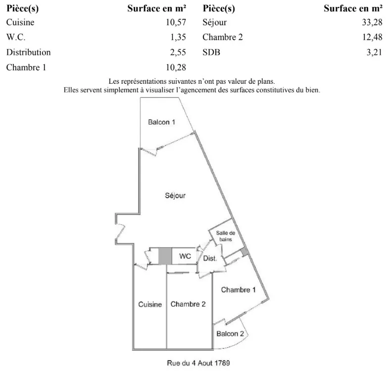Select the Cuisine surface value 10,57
click(176, 22)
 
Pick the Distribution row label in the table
click(28, 52)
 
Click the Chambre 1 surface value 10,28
click(176, 67)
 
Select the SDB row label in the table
click(211, 52)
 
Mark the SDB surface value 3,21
click(373, 52)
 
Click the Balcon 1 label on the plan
click(161, 122)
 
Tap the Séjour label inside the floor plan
click(175, 196)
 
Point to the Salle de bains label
click(226, 236)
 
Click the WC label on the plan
click(185, 256)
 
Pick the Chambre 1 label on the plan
click(238, 290)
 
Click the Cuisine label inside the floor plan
click(150, 305)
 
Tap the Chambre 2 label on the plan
click(188, 304)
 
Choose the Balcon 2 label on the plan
click(230, 334)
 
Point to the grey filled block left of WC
click(164, 256)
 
